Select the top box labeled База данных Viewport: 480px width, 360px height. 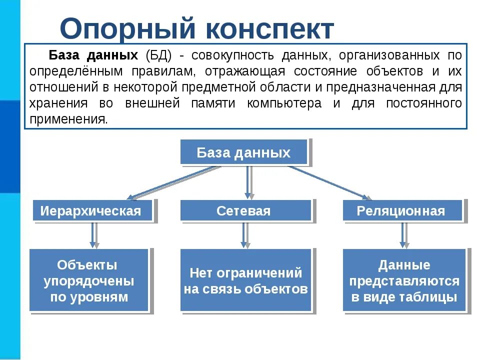243,152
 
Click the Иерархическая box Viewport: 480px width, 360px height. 90,211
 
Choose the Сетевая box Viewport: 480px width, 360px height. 243,211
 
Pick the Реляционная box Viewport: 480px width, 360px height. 401,211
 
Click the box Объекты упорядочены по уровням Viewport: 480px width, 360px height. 89,280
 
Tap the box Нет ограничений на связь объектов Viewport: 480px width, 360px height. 245,280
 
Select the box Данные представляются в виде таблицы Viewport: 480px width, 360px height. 404,280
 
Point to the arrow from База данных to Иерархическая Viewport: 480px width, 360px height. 170,182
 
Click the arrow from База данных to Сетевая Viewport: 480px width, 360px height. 247,182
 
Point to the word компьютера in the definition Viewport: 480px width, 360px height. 287,103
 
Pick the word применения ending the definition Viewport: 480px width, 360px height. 68,119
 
